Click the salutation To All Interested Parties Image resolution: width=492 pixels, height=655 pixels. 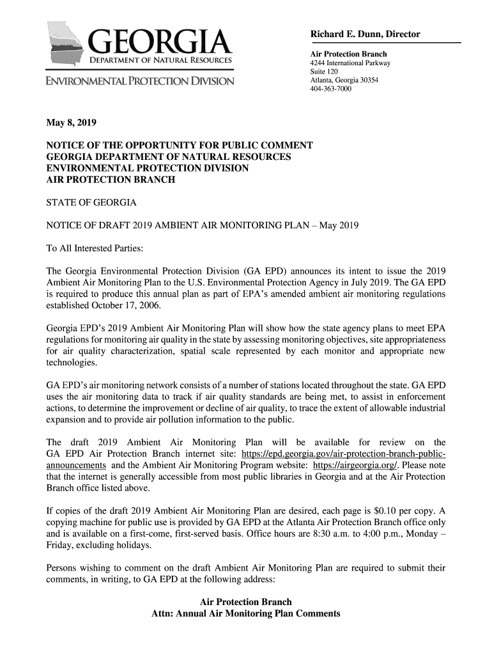coord(96,248)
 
